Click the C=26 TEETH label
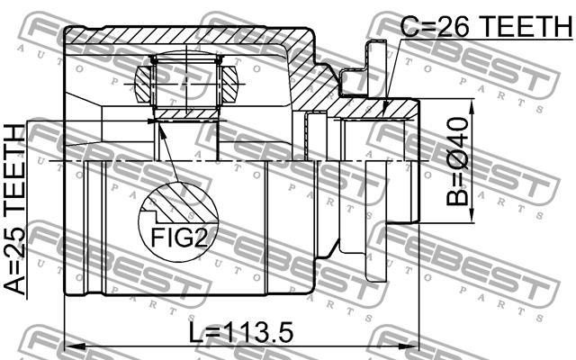(486, 25)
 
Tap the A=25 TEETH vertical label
(15, 210)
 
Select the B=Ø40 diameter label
(457, 161)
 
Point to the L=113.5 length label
(241, 333)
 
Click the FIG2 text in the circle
(179, 237)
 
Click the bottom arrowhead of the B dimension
(472, 214)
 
